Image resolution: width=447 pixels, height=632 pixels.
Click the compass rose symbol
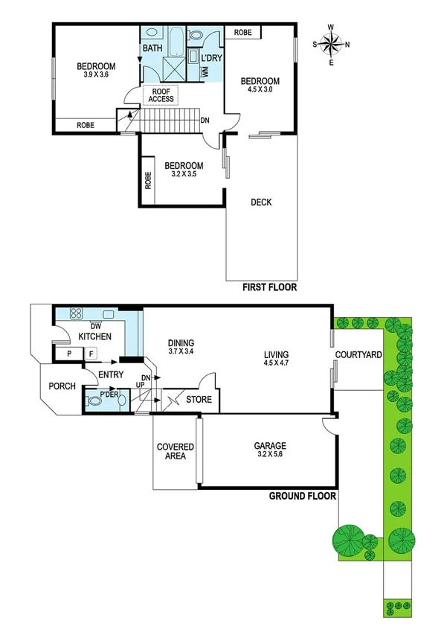(332, 44)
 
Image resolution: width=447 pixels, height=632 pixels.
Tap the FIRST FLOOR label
(269, 287)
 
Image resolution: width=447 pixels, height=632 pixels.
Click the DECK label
(260, 202)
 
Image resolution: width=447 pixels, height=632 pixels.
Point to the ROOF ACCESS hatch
(161, 95)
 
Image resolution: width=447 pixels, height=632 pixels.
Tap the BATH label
(152, 48)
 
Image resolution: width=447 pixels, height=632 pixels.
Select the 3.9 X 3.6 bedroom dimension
(94, 74)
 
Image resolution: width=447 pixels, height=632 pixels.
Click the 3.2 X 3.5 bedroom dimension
(184, 175)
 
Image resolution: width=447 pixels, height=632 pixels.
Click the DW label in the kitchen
(95, 326)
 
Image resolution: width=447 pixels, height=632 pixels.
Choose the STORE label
(199, 400)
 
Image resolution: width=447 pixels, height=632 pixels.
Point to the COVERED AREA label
(176, 452)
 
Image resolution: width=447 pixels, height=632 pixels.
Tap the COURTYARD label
(358, 354)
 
